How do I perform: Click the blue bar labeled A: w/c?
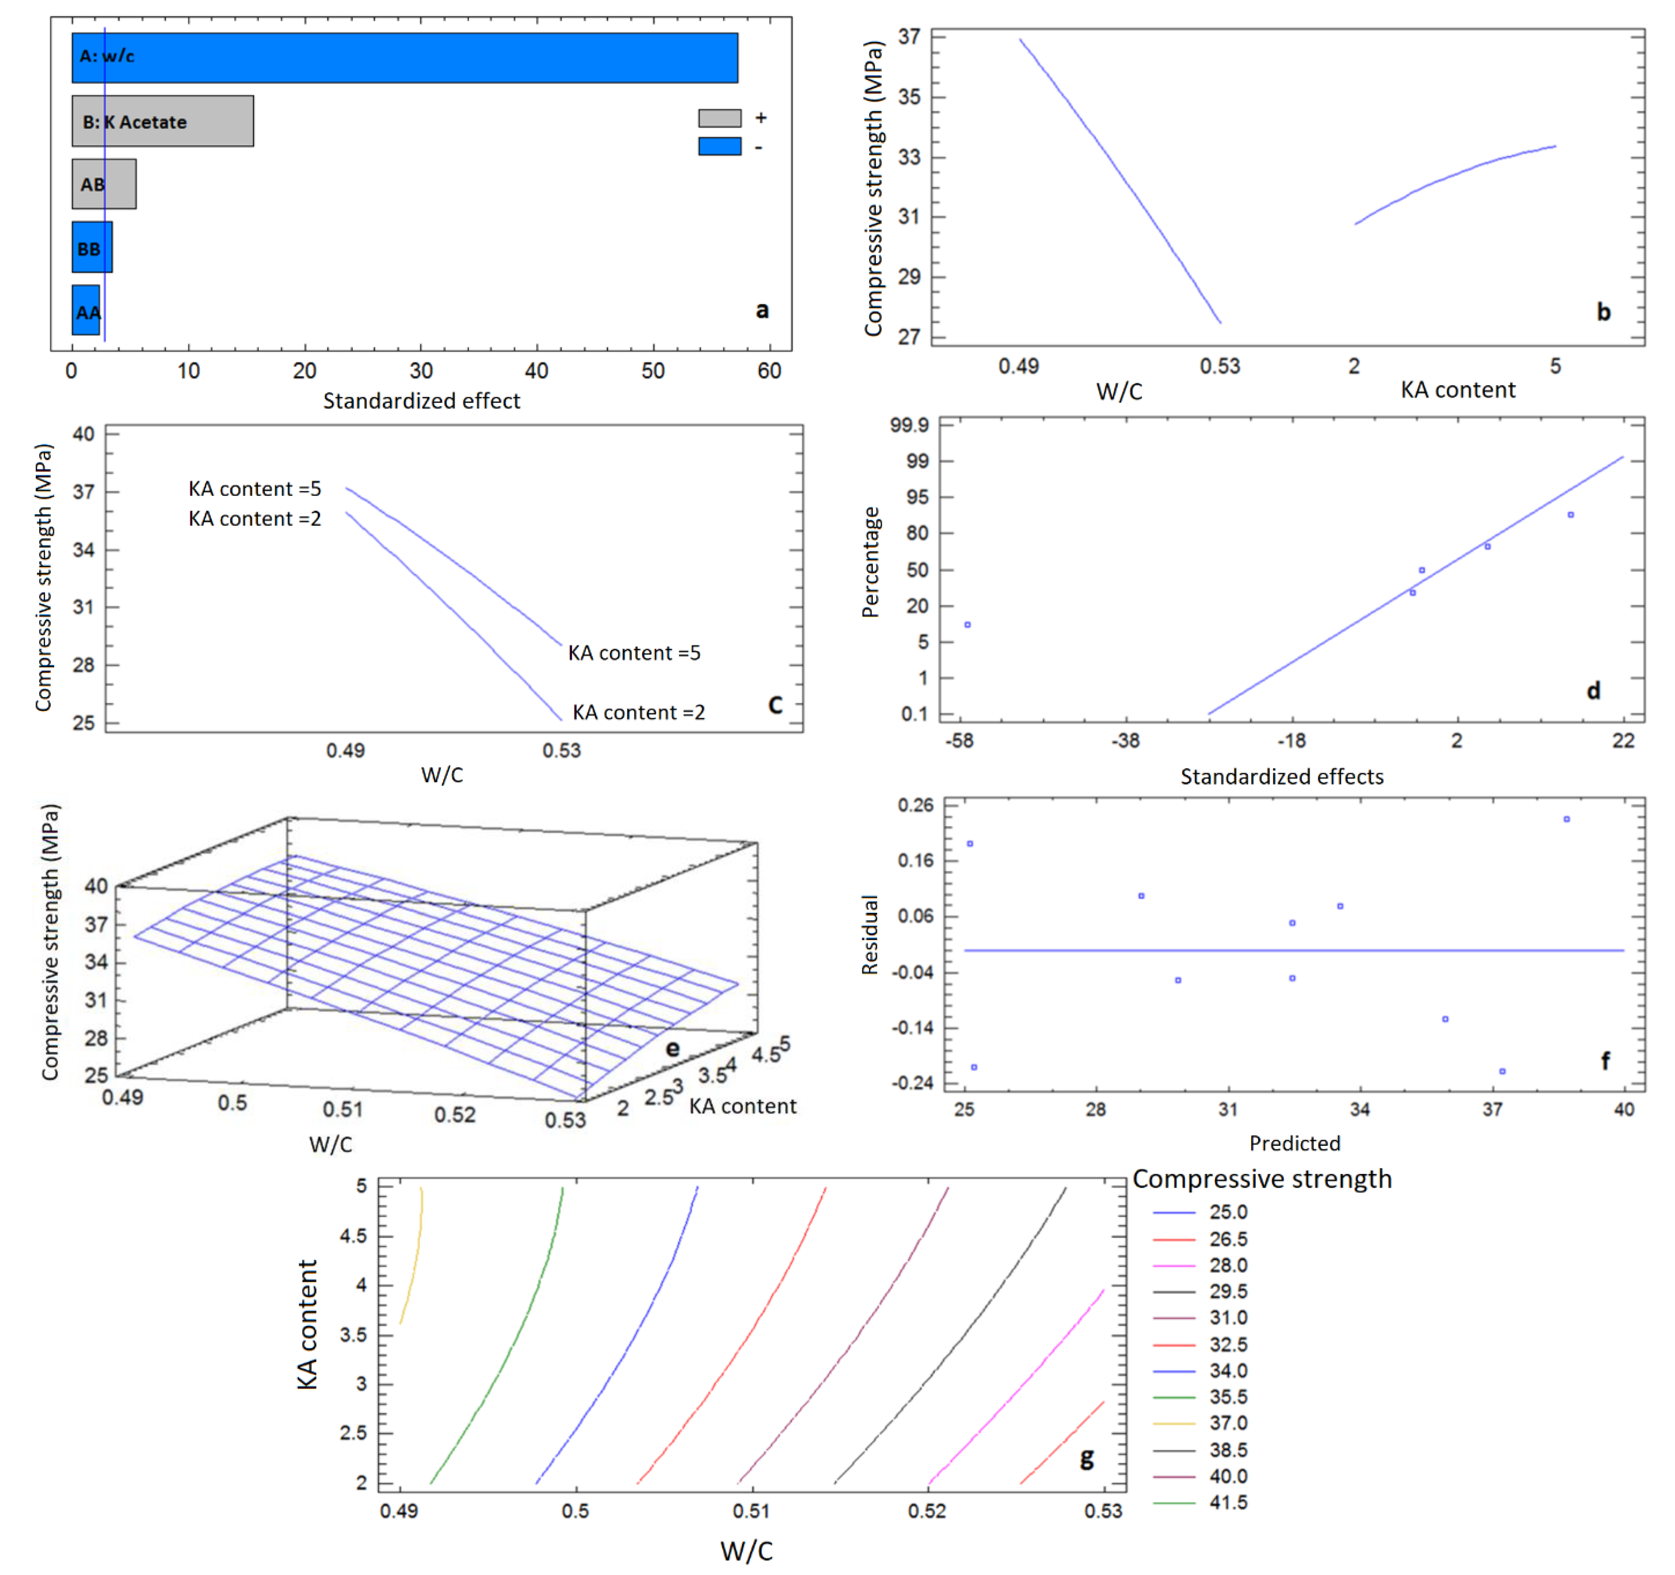click(x=404, y=57)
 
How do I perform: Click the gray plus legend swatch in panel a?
click(x=720, y=118)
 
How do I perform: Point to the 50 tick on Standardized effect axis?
click(x=653, y=371)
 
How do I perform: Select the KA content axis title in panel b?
click(x=1458, y=389)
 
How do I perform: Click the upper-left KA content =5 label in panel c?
click(x=255, y=489)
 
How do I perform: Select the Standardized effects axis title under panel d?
click(x=1282, y=776)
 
